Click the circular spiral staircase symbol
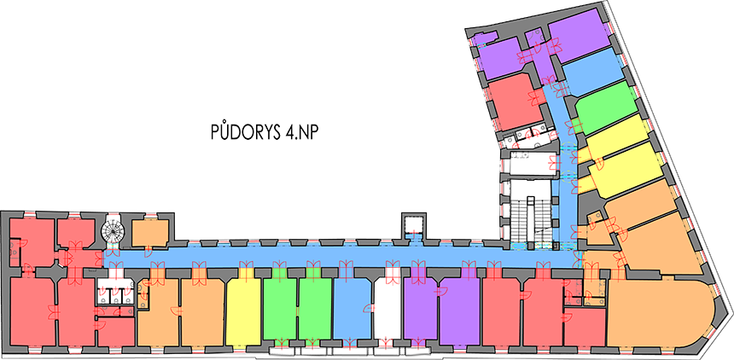pos(111,230)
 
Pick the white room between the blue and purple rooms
pos(387,311)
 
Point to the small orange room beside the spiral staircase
pos(150,233)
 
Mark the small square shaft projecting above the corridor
pos(414,224)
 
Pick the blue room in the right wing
pos(594,71)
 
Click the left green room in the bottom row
pos(279,310)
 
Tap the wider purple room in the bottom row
pos(460,312)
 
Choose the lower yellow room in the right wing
pos(624,169)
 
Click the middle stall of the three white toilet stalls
pos(115,294)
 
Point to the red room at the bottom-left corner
pos(32,311)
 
